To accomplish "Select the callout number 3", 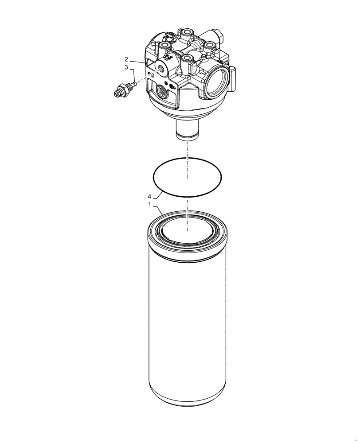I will [x=126, y=67].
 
